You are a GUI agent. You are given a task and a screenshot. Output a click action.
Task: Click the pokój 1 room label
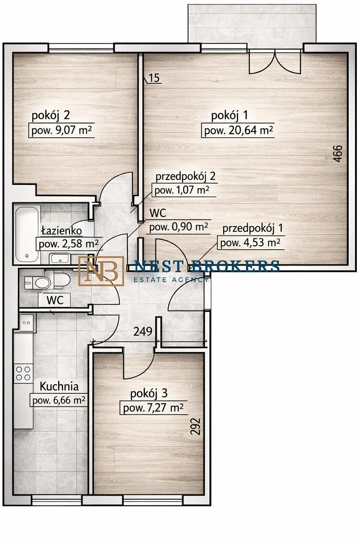[x=229, y=116]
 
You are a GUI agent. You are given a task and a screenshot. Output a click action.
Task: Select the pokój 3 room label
[x=149, y=394]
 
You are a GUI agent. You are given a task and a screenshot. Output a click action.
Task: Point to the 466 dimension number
[x=337, y=153]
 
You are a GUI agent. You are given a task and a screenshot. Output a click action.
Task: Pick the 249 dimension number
[x=143, y=332]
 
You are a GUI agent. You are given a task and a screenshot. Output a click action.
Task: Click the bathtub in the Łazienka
[x=27, y=234]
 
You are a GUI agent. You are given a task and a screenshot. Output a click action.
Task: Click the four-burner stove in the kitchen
[x=23, y=373]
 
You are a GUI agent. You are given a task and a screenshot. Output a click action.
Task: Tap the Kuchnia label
[x=59, y=387]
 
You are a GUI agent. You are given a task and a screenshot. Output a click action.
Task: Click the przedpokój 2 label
[x=185, y=177]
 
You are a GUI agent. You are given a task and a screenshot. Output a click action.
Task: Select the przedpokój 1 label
[x=252, y=229]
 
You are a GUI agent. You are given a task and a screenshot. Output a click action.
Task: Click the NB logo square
[x=101, y=271]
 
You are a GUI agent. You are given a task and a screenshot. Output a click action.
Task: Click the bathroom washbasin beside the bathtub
[x=60, y=258]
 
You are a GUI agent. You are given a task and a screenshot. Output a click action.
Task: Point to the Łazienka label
[x=62, y=231]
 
